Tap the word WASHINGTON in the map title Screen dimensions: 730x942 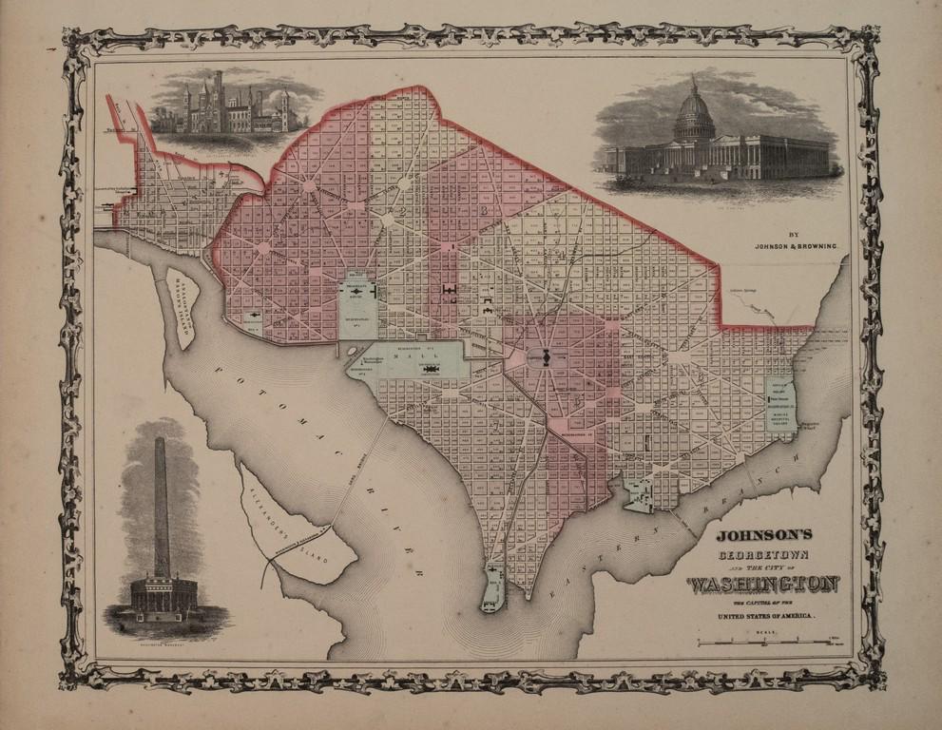click(762, 584)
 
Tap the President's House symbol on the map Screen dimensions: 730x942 click(360, 290)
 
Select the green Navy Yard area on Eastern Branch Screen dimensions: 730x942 click(639, 495)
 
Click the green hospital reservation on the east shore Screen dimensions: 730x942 click(781, 403)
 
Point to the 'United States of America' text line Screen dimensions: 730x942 click(759, 617)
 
